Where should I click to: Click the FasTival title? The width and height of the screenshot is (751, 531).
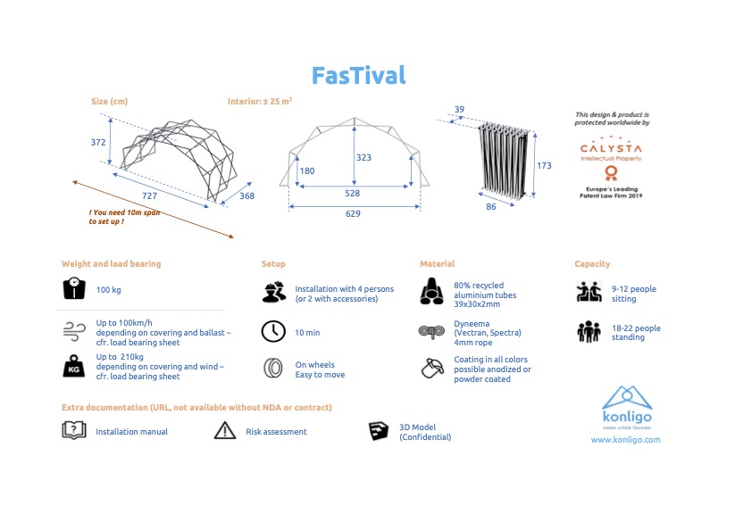pyautogui.click(x=358, y=75)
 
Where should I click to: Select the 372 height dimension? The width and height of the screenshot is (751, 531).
pyautogui.click(x=98, y=142)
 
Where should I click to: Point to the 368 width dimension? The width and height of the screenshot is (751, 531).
pyautogui.click(x=246, y=196)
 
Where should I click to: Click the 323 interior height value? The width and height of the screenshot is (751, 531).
pyautogui.click(x=363, y=158)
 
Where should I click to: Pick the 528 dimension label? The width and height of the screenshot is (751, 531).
pyautogui.click(x=354, y=192)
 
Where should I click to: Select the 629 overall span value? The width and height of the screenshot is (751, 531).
pyautogui.click(x=354, y=213)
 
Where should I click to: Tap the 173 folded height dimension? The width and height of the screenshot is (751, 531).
pyautogui.click(x=544, y=166)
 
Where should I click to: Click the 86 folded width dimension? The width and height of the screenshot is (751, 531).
pyautogui.click(x=490, y=207)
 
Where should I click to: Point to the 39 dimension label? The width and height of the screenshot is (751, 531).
pyautogui.click(x=460, y=110)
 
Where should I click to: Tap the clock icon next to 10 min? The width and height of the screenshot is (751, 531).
pyautogui.click(x=272, y=332)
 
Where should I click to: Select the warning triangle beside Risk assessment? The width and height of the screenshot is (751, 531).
pyautogui.click(x=224, y=431)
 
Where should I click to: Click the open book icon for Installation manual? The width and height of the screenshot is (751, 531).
pyautogui.click(x=73, y=431)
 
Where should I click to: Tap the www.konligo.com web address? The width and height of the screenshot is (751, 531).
pyautogui.click(x=625, y=440)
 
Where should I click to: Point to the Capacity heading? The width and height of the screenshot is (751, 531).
pyautogui.click(x=592, y=264)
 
